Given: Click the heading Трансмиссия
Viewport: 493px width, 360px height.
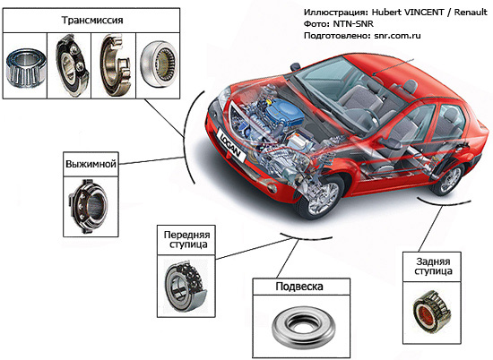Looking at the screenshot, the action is pyautogui.click(x=91, y=20).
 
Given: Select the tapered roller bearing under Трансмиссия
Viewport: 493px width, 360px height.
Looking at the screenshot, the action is pyautogui.click(x=26, y=67).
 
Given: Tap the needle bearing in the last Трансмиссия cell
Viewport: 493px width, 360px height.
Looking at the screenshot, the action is pyautogui.click(x=159, y=64).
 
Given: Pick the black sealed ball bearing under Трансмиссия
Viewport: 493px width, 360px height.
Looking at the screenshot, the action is pyautogui.click(x=72, y=64).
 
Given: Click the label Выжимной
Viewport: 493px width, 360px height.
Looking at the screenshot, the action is pyautogui.click(x=91, y=164).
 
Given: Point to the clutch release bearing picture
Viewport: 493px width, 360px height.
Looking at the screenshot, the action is pyautogui.click(x=88, y=206).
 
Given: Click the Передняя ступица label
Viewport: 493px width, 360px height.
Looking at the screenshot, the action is pyautogui.click(x=186, y=239).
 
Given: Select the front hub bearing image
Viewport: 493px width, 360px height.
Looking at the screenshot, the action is pyautogui.click(x=186, y=286).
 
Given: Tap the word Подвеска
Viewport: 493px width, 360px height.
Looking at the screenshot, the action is pyautogui.click(x=299, y=287).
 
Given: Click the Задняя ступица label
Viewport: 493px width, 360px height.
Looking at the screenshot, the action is pyautogui.click(x=433, y=266).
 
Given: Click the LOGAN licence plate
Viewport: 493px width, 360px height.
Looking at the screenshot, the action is pyautogui.click(x=230, y=146).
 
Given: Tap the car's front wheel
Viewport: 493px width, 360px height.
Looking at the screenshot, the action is pyautogui.click(x=320, y=197).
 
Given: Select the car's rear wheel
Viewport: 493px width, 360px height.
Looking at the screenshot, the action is pyautogui.click(x=446, y=180).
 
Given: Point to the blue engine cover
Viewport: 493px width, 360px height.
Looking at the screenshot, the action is pyautogui.click(x=289, y=112).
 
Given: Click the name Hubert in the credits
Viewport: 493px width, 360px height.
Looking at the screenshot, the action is pyautogui.click(x=386, y=13).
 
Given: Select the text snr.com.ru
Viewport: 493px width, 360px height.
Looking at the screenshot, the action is pyautogui.click(x=397, y=36).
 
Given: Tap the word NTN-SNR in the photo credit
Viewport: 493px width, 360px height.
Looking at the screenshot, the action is pyautogui.click(x=353, y=24).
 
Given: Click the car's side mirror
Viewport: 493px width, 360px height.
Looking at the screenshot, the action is pyautogui.click(x=296, y=67).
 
